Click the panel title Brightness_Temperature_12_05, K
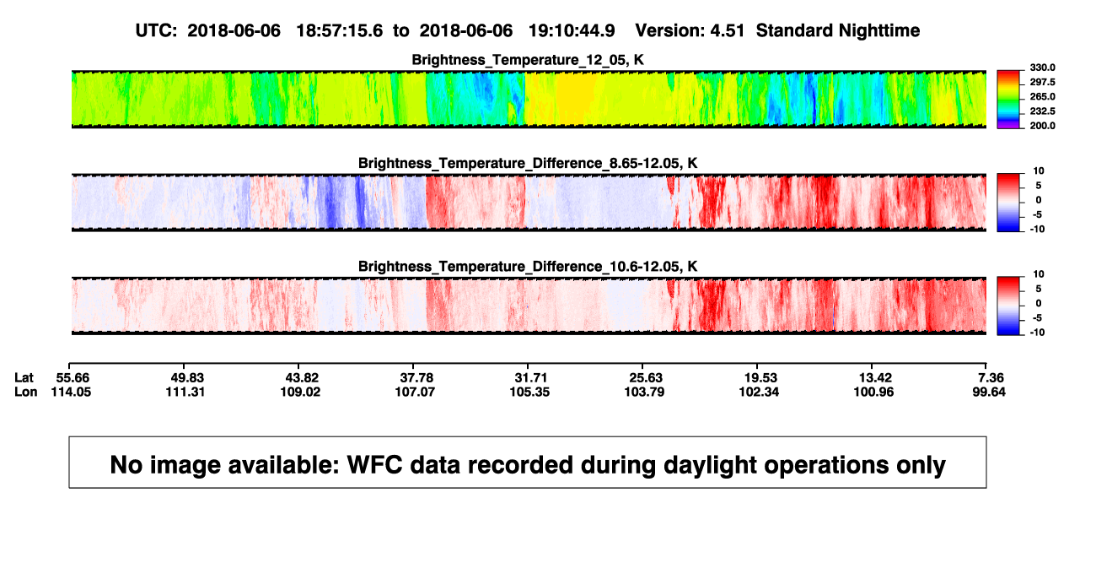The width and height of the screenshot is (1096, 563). [x=528, y=60]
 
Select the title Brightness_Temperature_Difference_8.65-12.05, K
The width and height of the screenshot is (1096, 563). [x=528, y=163]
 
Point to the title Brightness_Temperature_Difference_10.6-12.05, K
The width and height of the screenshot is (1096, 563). [x=528, y=267]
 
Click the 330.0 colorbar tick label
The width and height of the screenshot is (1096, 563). [x=1042, y=68]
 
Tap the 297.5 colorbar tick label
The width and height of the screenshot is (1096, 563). [x=1042, y=82]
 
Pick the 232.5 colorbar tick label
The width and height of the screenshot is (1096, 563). [x=1042, y=111]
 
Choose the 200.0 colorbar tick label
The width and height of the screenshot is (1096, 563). [x=1042, y=126]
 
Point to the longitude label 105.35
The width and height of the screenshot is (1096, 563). [x=529, y=392]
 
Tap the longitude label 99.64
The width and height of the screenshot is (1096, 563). [x=989, y=392]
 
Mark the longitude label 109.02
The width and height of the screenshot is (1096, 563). [x=300, y=392]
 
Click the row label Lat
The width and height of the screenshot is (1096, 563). [x=24, y=378]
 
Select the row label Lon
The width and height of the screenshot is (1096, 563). [x=25, y=392]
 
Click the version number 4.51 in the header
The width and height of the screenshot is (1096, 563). [x=727, y=30]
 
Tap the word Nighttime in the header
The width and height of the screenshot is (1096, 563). [x=878, y=31]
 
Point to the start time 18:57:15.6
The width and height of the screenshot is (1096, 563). [x=340, y=30]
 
